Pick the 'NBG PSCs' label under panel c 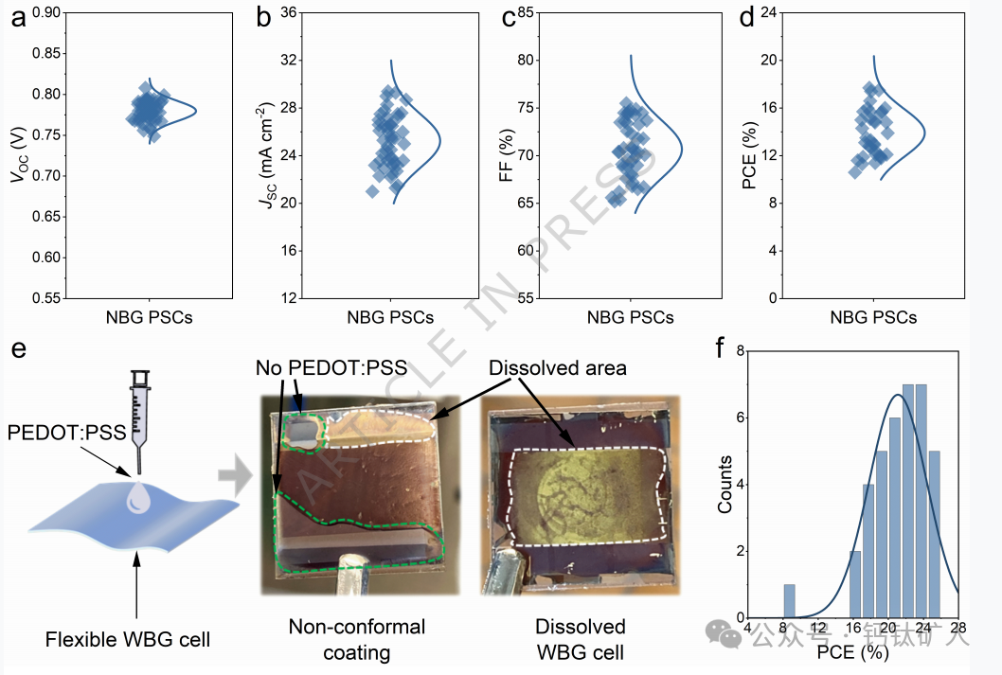click(630, 318)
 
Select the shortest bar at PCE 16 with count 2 click(855, 584)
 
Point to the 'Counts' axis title click(725, 484)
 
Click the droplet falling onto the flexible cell click(139, 496)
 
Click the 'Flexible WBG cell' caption click(128, 641)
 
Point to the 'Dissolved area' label click(558, 367)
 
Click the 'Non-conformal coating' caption click(356, 639)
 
